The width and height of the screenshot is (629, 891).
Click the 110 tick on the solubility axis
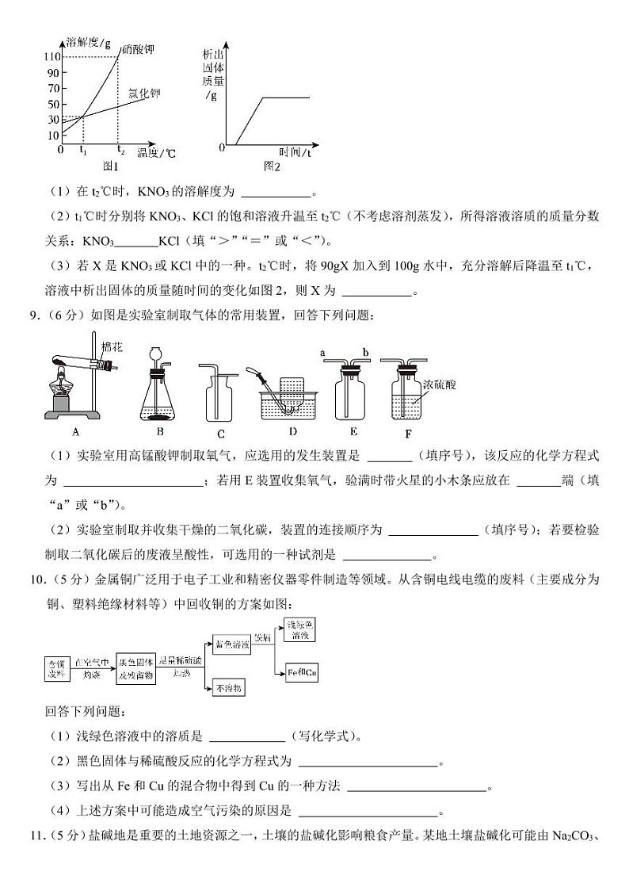click(53, 57)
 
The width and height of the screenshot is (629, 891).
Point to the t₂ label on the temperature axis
click(120, 150)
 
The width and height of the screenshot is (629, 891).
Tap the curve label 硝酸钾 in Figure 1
click(138, 50)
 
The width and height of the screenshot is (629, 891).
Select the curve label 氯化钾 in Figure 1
click(144, 94)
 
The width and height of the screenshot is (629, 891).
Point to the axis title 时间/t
click(295, 151)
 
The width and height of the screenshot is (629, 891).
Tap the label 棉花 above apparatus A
click(112, 347)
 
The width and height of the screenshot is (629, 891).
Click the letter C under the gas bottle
click(221, 433)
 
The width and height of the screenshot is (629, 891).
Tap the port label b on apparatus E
click(365, 351)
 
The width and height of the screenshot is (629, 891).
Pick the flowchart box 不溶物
click(231, 688)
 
